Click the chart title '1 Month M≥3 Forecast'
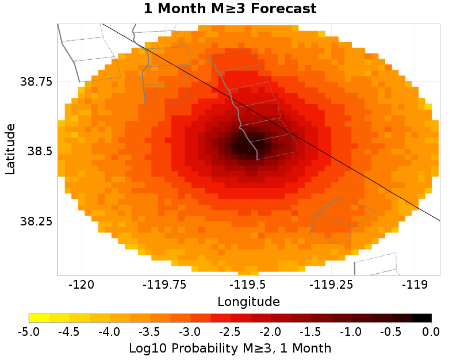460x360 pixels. tap(230, 9)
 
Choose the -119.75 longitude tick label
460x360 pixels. tap(164, 284)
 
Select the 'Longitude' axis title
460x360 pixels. tap(248, 301)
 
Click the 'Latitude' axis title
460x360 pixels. tap(10, 149)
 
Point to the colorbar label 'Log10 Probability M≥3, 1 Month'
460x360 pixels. tap(230, 348)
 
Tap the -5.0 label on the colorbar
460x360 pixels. tap(29, 331)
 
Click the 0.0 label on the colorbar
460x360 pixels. tap(431, 331)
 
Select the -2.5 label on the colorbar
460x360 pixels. tap(230, 331)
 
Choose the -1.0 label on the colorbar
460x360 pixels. tap(351, 331)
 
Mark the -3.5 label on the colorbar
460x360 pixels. tap(149, 331)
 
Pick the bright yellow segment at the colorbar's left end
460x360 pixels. tap(39, 317)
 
